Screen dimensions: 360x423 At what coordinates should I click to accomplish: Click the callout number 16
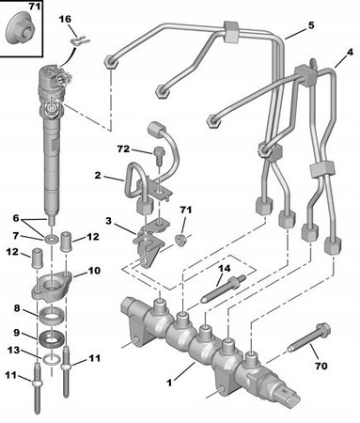[65, 19]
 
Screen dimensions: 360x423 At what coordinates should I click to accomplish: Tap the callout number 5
[311, 25]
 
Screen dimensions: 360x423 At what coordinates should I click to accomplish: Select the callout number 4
[350, 53]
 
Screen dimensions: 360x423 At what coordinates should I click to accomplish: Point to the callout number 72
[123, 149]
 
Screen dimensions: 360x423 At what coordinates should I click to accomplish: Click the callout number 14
[225, 269]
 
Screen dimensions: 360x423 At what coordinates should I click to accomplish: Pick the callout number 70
[321, 366]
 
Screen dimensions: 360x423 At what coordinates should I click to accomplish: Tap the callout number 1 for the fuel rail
[169, 383]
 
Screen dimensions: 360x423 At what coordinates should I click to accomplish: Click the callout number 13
[13, 350]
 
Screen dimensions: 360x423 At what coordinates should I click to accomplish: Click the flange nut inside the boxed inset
[22, 28]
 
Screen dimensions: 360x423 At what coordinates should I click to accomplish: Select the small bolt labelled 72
[159, 156]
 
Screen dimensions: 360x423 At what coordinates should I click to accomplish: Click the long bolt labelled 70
[309, 338]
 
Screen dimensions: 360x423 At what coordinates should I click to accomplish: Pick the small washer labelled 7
[52, 240]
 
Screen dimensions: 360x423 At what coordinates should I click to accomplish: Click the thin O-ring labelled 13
[51, 359]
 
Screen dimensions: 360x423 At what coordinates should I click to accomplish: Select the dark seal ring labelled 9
[52, 338]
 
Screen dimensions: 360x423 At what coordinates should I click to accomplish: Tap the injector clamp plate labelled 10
[51, 287]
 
